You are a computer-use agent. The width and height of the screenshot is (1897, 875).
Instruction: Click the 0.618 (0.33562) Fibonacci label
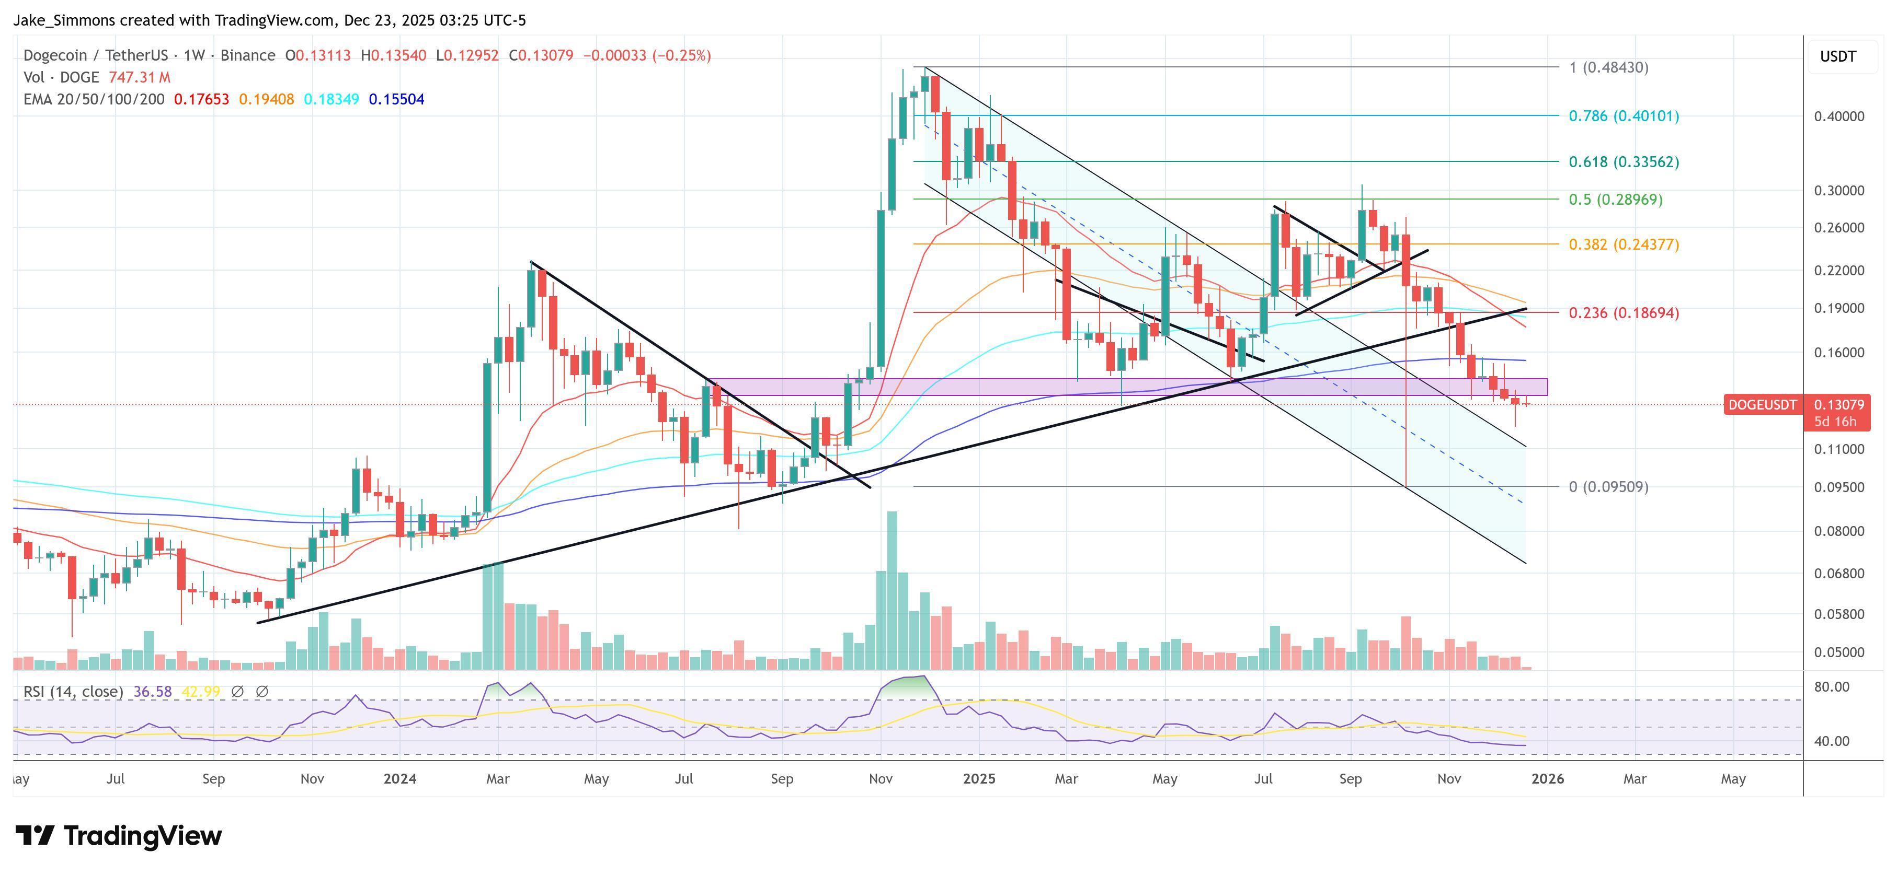[1623, 162]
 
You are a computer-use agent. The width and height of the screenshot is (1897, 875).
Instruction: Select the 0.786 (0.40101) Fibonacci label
[1623, 116]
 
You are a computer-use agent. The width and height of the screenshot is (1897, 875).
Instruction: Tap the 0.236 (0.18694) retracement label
[1623, 313]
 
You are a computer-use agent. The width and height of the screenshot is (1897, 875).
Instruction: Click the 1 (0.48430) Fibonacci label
[1608, 68]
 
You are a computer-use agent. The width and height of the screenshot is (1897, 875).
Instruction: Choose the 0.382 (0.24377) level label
[1623, 244]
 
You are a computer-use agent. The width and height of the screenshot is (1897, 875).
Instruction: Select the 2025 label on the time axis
[979, 778]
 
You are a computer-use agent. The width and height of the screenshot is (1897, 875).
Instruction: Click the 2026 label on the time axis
[1547, 778]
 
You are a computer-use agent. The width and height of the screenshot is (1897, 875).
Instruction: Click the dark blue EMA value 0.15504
[396, 99]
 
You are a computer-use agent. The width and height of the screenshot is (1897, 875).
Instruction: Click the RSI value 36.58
[153, 692]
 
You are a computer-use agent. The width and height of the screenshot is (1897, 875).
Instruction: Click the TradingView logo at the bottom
[119, 836]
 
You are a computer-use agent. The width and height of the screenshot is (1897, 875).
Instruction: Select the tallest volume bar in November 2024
[892, 589]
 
